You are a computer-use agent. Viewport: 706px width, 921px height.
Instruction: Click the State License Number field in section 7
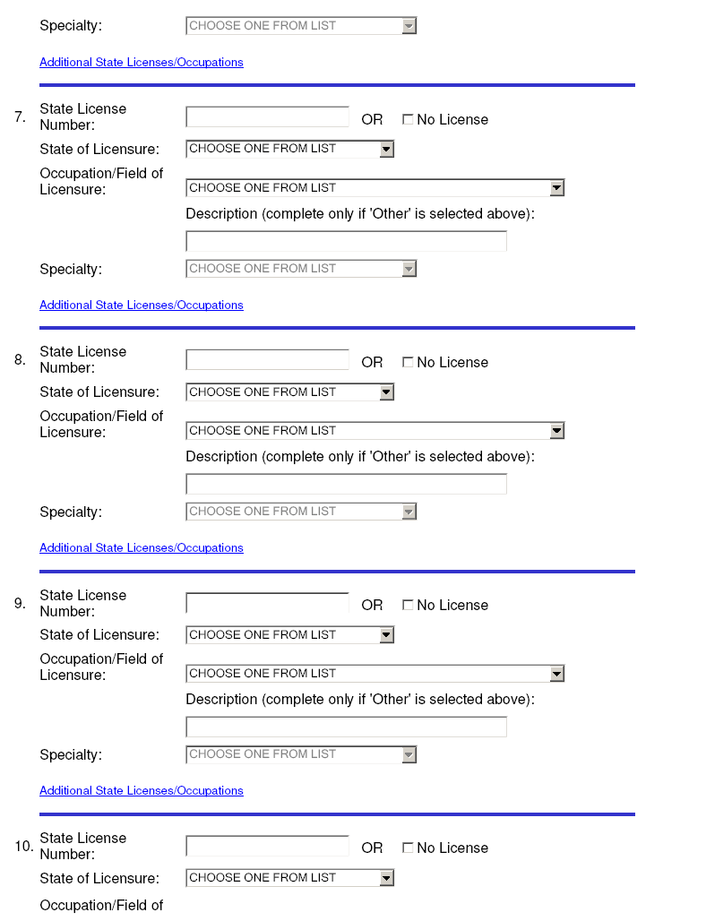click(x=267, y=117)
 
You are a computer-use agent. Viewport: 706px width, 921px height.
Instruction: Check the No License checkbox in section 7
click(x=408, y=120)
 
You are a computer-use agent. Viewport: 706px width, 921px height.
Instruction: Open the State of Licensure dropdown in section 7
click(x=289, y=149)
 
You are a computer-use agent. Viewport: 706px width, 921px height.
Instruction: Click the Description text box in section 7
click(x=346, y=242)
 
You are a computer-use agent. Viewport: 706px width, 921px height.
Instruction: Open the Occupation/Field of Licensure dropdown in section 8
click(x=375, y=431)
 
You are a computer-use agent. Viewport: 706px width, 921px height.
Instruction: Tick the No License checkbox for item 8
click(x=408, y=363)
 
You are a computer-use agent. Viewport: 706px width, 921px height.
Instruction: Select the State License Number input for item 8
click(x=267, y=360)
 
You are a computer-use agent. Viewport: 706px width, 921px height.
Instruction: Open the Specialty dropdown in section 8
click(x=301, y=512)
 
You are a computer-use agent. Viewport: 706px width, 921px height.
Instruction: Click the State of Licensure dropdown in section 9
click(x=289, y=635)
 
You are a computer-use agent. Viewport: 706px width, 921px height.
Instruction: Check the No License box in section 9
click(x=408, y=606)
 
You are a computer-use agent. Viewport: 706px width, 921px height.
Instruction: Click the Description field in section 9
click(x=346, y=727)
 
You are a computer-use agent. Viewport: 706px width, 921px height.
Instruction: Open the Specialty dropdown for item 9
click(x=301, y=754)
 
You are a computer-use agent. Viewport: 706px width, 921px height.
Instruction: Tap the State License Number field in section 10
click(x=267, y=846)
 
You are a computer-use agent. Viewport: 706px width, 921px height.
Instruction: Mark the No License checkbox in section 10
click(x=408, y=848)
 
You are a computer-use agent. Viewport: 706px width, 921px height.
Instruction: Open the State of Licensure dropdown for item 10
click(x=289, y=878)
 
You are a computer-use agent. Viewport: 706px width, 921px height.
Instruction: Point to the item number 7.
click(x=20, y=117)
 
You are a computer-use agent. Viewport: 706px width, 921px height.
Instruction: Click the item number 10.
click(x=23, y=846)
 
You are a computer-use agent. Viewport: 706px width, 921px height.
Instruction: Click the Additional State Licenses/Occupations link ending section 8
click(x=142, y=548)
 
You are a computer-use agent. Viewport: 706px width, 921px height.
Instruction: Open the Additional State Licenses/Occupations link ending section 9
click(x=142, y=791)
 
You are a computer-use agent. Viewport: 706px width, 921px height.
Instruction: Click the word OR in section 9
click(x=372, y=606)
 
